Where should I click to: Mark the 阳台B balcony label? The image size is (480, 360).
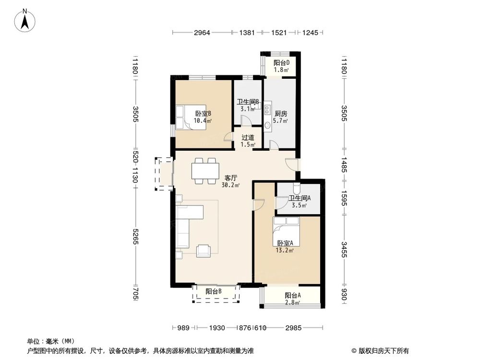214,291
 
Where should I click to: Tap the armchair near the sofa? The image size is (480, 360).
204,250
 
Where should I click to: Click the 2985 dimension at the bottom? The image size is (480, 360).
293,328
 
